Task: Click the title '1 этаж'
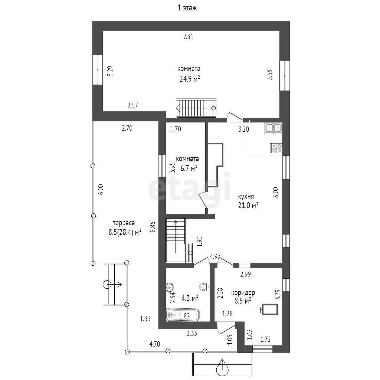187,8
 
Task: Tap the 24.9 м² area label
190,79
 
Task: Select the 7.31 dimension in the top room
188,37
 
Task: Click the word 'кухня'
246,197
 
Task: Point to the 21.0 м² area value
248,206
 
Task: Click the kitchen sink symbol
273,128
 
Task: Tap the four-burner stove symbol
276,148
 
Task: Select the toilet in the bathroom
205,287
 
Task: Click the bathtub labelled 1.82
183,315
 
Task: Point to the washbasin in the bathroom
170,287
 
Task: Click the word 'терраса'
124,223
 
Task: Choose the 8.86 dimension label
153,227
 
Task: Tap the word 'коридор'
243,293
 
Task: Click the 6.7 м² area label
189,168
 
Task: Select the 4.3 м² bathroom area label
190,298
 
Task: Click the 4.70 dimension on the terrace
155,344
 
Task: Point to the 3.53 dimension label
270,75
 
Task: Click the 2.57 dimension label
133,105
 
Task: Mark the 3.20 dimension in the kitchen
243,129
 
